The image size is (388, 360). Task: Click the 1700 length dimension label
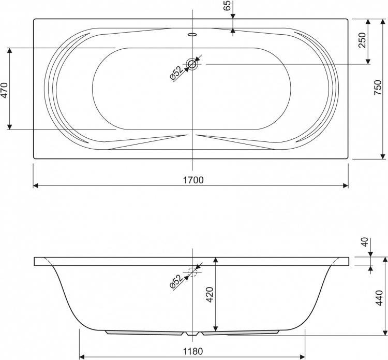193,180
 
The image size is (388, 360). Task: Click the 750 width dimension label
378,88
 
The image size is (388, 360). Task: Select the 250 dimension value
362,40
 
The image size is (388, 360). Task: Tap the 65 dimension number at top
227,5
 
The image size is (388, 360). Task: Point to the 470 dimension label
5,91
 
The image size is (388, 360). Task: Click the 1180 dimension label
193,351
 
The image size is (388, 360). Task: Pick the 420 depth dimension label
210,295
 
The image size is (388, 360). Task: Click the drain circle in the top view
192,64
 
